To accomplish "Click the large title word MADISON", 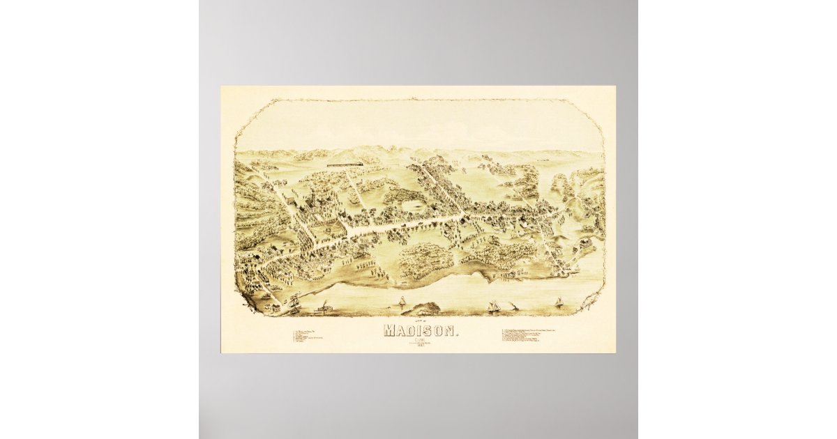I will click(x=421, y=331).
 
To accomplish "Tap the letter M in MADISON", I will click(x=388, y=331).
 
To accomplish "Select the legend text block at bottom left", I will click(x=310, y=336).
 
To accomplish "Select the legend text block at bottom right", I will click(x=534, y=336).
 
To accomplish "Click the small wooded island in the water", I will click(x=423, y=307).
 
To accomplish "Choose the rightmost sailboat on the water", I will click(x=558, y=302).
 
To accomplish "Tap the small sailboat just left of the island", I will click(x=403, y=301).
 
